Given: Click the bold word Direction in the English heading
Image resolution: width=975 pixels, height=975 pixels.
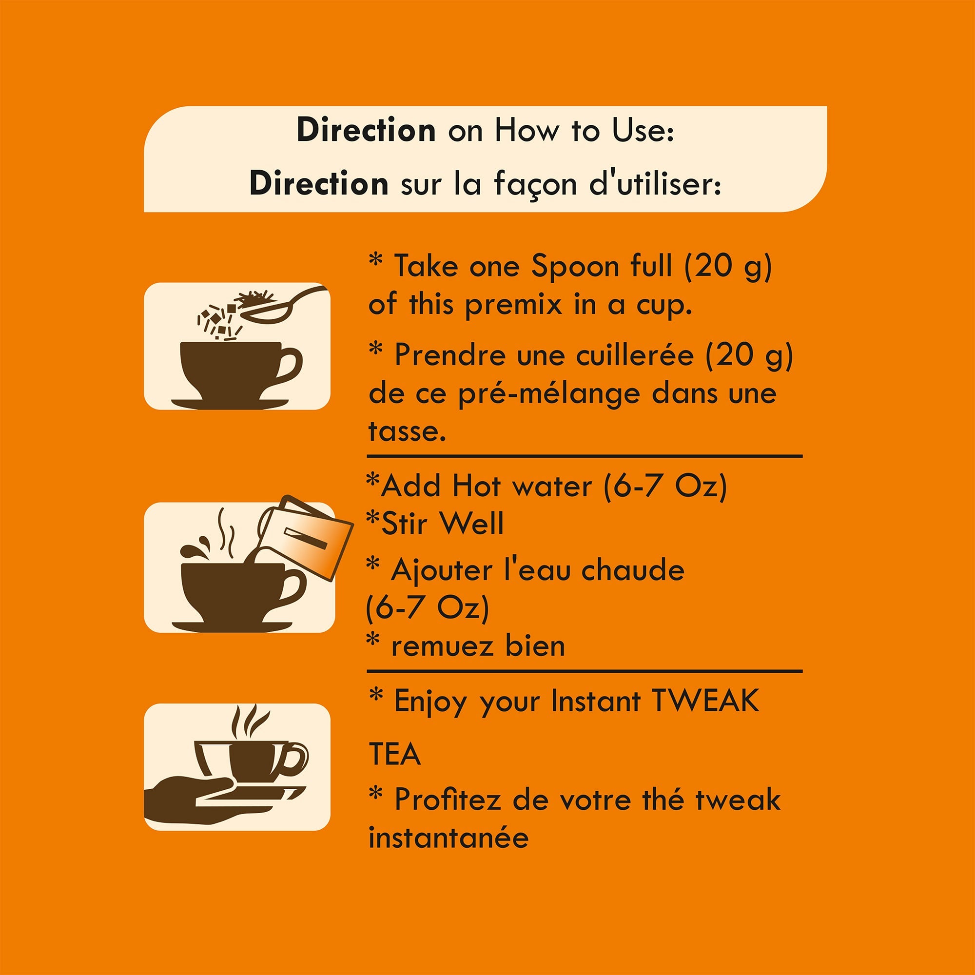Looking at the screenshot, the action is (x=366, y=130).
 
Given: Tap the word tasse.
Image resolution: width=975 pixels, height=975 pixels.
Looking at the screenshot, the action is (x=407, y=432).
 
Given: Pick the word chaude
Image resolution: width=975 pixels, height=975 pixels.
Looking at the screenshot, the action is (x=633, y=570).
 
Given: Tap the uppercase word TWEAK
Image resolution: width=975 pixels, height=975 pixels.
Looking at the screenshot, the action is (x=705, y=701).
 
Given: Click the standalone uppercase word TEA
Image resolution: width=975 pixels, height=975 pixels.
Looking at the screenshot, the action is (x=395, y=755).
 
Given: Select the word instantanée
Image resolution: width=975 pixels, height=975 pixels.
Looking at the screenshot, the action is (x=448, y=838).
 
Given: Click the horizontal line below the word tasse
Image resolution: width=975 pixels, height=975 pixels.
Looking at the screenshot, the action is (x=585, y=456).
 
